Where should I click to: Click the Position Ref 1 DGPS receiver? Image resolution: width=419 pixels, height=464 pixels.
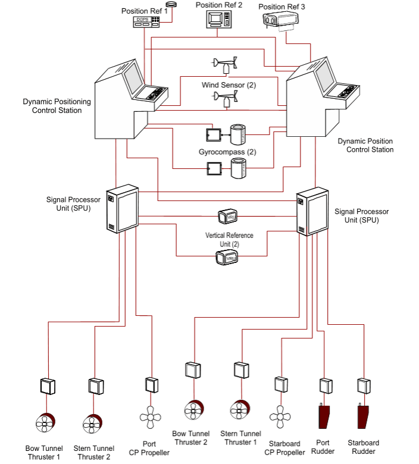[x=146, y=21]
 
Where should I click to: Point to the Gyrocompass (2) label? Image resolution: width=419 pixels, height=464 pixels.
[x=227, y=152]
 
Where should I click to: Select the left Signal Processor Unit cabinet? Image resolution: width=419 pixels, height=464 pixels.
[x=121, y=210]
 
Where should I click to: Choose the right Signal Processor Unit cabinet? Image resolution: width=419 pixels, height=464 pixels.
[x=312, y=212]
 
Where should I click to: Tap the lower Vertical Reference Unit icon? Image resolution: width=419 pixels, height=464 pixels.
[x=227, y=258]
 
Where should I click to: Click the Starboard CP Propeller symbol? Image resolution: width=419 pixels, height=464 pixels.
[x=280, y=414]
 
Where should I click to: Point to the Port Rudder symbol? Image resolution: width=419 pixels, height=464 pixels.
[x=324, y=415]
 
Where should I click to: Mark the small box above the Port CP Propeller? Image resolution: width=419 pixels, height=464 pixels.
[x=151, y=384]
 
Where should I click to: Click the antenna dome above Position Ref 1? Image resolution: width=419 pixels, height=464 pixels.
[x=173, y=4]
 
